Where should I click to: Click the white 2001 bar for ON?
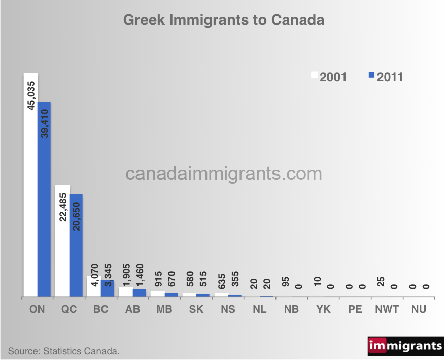pyautogui.click(x=30, y=203)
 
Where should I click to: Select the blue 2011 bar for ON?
pyautogui.click(x=44, y=213)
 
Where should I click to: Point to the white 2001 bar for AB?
pyautogui.click(x=125, y=291)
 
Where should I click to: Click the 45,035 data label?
pyautogui.click(x=31, y=95)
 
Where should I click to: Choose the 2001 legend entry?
pyautogui.click(x=329, y=77)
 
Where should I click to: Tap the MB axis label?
pyautogui.click(x=164, y=309)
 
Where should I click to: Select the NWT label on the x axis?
pyautogui.click(x=386, y=309)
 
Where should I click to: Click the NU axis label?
pyautogui.click(x=418, y=309)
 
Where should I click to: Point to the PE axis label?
pyautogui.click(x=355, y=309)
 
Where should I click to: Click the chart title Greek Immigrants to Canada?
pyautogui.click(x=224, y=21)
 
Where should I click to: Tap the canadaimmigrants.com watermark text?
pyautogui.click(x=224, y=174)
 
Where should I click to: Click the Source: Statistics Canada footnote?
pyautogui.click(x=63, y=351)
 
